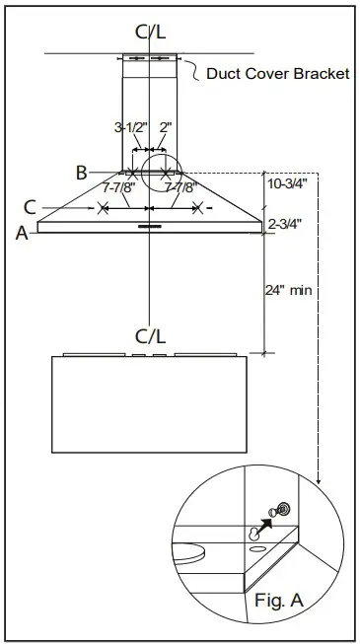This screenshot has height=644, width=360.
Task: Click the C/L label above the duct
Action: [149, 33]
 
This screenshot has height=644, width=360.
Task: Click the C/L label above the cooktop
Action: [149, 336]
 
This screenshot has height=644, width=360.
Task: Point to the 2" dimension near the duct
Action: [165, 128]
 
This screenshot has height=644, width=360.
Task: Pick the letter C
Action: [31, 207]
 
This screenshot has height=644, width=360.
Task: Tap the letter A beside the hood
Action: [21, 234]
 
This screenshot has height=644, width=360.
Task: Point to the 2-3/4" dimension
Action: [286, 225]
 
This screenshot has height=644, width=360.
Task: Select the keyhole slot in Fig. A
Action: [255, 532]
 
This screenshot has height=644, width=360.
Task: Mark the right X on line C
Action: [197, 208]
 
